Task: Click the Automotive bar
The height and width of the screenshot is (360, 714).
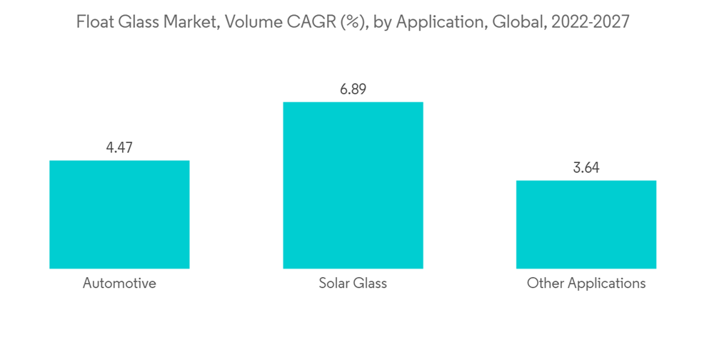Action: (119, 214)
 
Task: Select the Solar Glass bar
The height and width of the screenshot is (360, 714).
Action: (353, 185)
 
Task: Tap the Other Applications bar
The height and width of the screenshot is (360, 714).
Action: (586, 224)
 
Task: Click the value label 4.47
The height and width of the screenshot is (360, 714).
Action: (119, 148)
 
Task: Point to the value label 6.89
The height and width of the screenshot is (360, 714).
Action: (353, 89)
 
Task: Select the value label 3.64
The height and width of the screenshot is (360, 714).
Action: (586, 168)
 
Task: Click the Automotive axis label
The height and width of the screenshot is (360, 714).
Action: (119, 284)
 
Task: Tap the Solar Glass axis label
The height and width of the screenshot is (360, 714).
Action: (353, 284)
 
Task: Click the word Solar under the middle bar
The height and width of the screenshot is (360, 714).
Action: (334, 284)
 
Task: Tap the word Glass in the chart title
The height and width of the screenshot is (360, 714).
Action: (142, 22)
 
